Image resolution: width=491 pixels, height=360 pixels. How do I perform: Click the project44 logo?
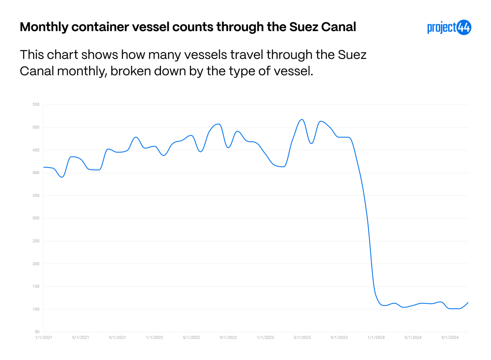449,27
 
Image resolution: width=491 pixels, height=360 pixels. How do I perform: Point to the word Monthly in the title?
44,27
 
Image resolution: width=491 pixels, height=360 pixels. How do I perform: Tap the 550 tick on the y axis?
36,104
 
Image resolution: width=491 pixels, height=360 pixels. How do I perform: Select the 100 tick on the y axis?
36,309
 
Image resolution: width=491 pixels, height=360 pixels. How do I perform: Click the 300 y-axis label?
36,218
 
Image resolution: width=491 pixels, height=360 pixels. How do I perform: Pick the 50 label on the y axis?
37,332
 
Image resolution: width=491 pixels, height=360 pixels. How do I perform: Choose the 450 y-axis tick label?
36,150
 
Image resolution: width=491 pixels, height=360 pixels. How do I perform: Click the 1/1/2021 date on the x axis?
43,338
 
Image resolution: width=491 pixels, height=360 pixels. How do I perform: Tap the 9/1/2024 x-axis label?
450,338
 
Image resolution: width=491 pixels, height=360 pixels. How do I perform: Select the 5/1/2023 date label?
302,338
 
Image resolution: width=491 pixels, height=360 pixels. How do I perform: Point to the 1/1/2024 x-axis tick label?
376,338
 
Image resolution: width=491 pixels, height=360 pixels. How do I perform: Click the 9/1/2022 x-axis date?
228,338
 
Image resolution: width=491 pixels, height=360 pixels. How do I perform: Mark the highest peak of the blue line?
302,120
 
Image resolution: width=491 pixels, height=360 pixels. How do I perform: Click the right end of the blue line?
468,302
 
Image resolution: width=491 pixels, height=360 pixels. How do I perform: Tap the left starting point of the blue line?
44,167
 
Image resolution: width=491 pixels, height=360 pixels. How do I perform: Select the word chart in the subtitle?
63,55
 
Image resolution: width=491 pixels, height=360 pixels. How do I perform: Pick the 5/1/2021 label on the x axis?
81,338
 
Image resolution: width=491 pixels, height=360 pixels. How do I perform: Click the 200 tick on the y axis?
36,264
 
